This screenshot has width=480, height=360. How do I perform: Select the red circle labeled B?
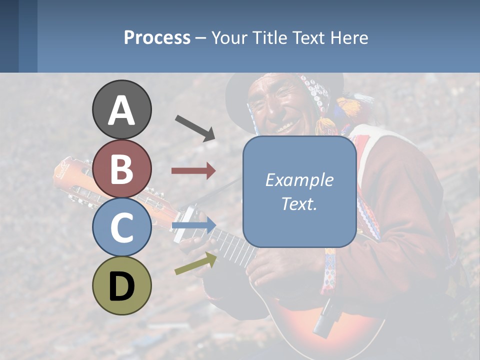[122, 168]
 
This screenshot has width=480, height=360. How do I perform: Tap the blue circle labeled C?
[122, 227]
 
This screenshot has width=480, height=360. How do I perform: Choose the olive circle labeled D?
[122, 285]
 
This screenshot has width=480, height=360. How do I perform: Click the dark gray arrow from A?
[195, 128]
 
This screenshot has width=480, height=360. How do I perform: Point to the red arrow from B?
[193, 171]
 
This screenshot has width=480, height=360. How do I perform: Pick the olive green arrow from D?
[195, 263]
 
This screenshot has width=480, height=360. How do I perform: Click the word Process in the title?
[157, 37]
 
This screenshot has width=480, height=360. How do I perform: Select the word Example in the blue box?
[299, 180]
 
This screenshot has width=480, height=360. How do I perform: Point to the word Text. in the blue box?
[299, 203]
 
